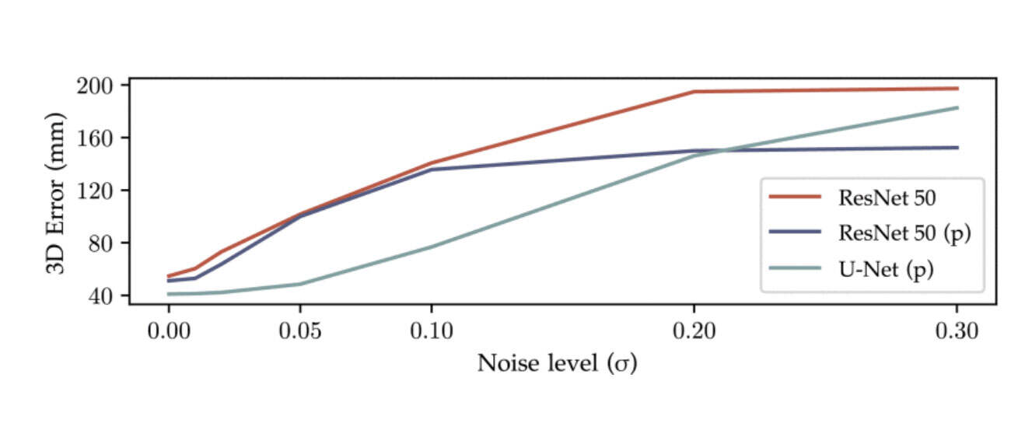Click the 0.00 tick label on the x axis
[x=168, y=330]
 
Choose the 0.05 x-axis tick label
[x=299, y=330]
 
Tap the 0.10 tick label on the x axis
[x=431, y=330]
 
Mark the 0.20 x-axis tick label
[x=694, y=330]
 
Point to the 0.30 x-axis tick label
[x=957, y=330]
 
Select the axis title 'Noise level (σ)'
[x=557, y=363]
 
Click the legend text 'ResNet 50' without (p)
[x=887, y=198]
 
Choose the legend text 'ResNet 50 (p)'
[x=904, y=232]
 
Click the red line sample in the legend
[x=795, y=198]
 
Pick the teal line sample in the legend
[x=795, y=268]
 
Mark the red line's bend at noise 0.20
[x=694, y=92]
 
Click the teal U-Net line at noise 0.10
[x=431, y=247]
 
